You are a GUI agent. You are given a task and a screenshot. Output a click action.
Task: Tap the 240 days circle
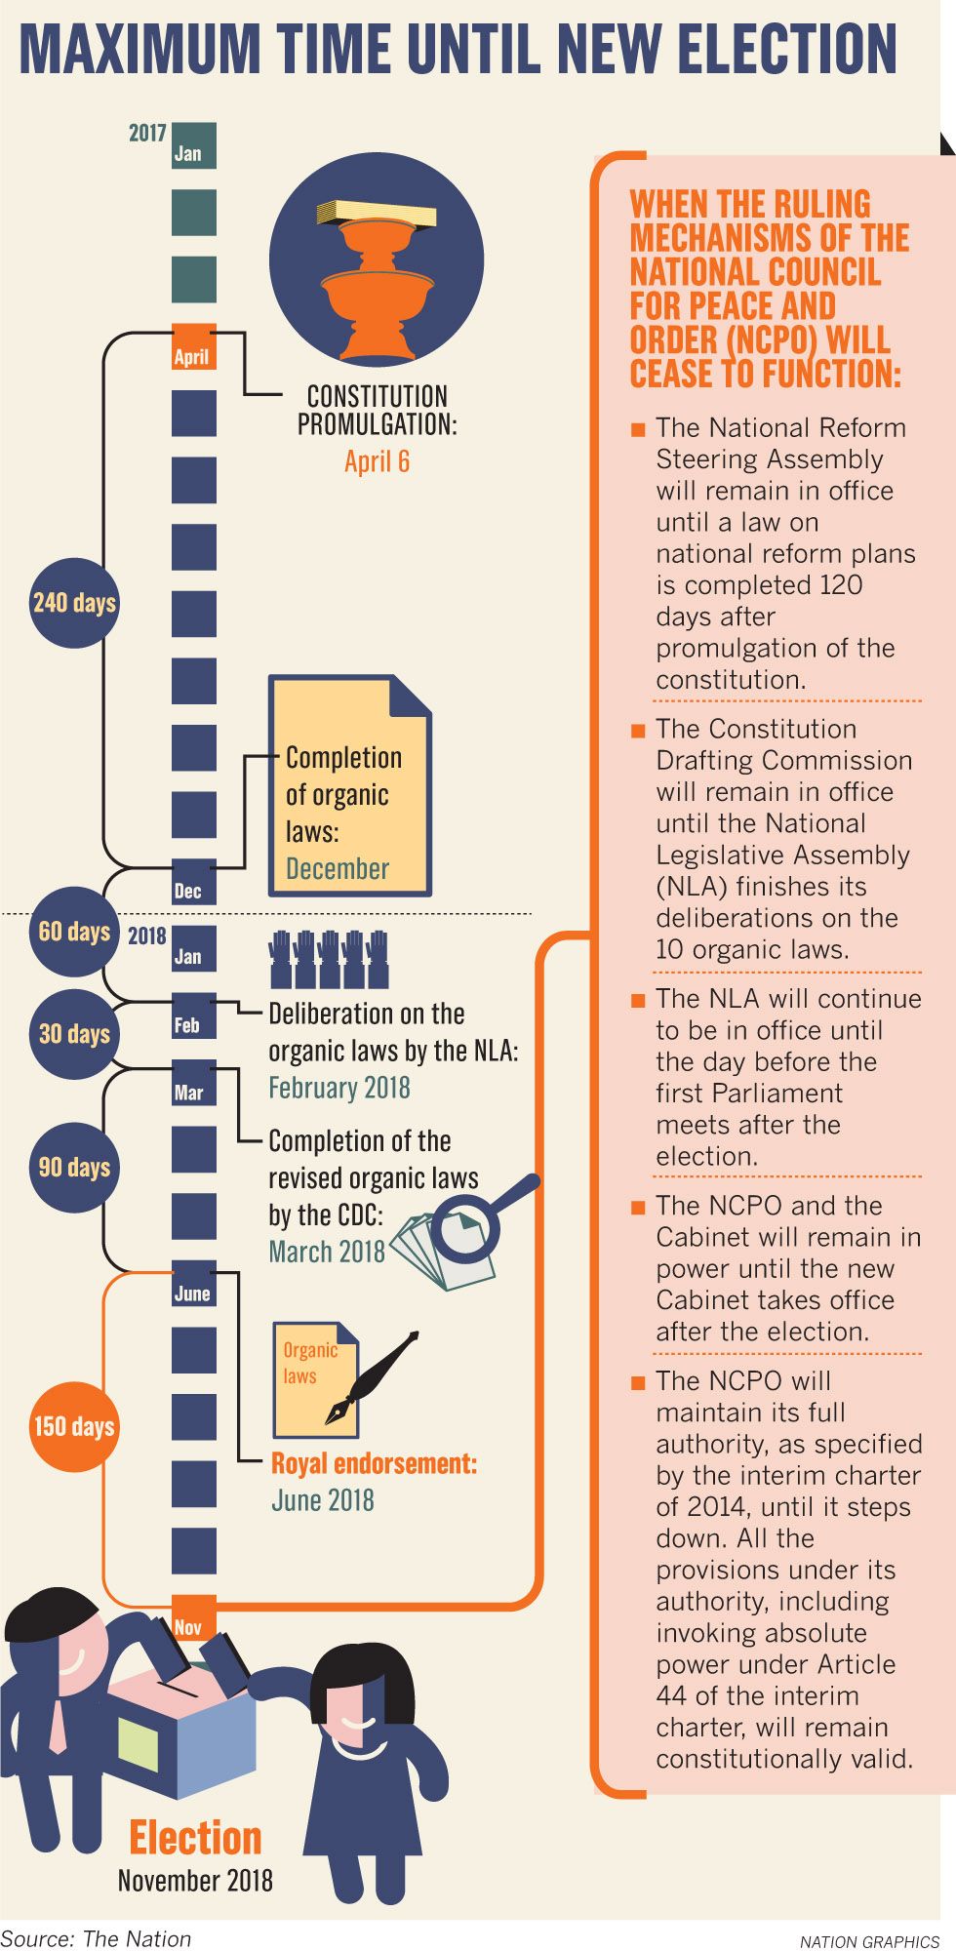tap(74, 603)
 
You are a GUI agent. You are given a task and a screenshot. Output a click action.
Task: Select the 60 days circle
tap(74, 932)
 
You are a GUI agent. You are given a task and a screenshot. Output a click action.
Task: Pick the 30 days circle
tap(74, 1034)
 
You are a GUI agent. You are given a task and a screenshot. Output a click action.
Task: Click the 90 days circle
tap(74, 1168)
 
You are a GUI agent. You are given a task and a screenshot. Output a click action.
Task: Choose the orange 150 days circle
tap(74, 1426)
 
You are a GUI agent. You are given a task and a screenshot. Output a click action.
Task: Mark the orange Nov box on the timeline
tap(193, 1618)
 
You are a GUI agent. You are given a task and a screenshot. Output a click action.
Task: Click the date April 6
tap(377, 461)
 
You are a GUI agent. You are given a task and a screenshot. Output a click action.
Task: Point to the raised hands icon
tap(328, 959)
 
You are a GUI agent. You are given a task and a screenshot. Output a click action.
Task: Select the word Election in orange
tap(195, 1838)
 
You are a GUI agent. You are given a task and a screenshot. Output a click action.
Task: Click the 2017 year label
tap(147, 133)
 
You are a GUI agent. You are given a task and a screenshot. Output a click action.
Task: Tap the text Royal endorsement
tap(374, 1464)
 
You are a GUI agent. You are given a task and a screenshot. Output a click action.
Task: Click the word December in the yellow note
tap(338, 868)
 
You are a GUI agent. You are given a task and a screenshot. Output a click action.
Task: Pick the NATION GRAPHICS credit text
tap(868, 1941)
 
